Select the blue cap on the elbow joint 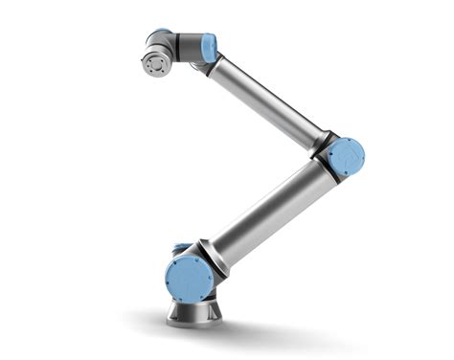(x=346, y=156)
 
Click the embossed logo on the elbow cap (x=347, y=156)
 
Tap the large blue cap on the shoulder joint (x=190, y=277)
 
